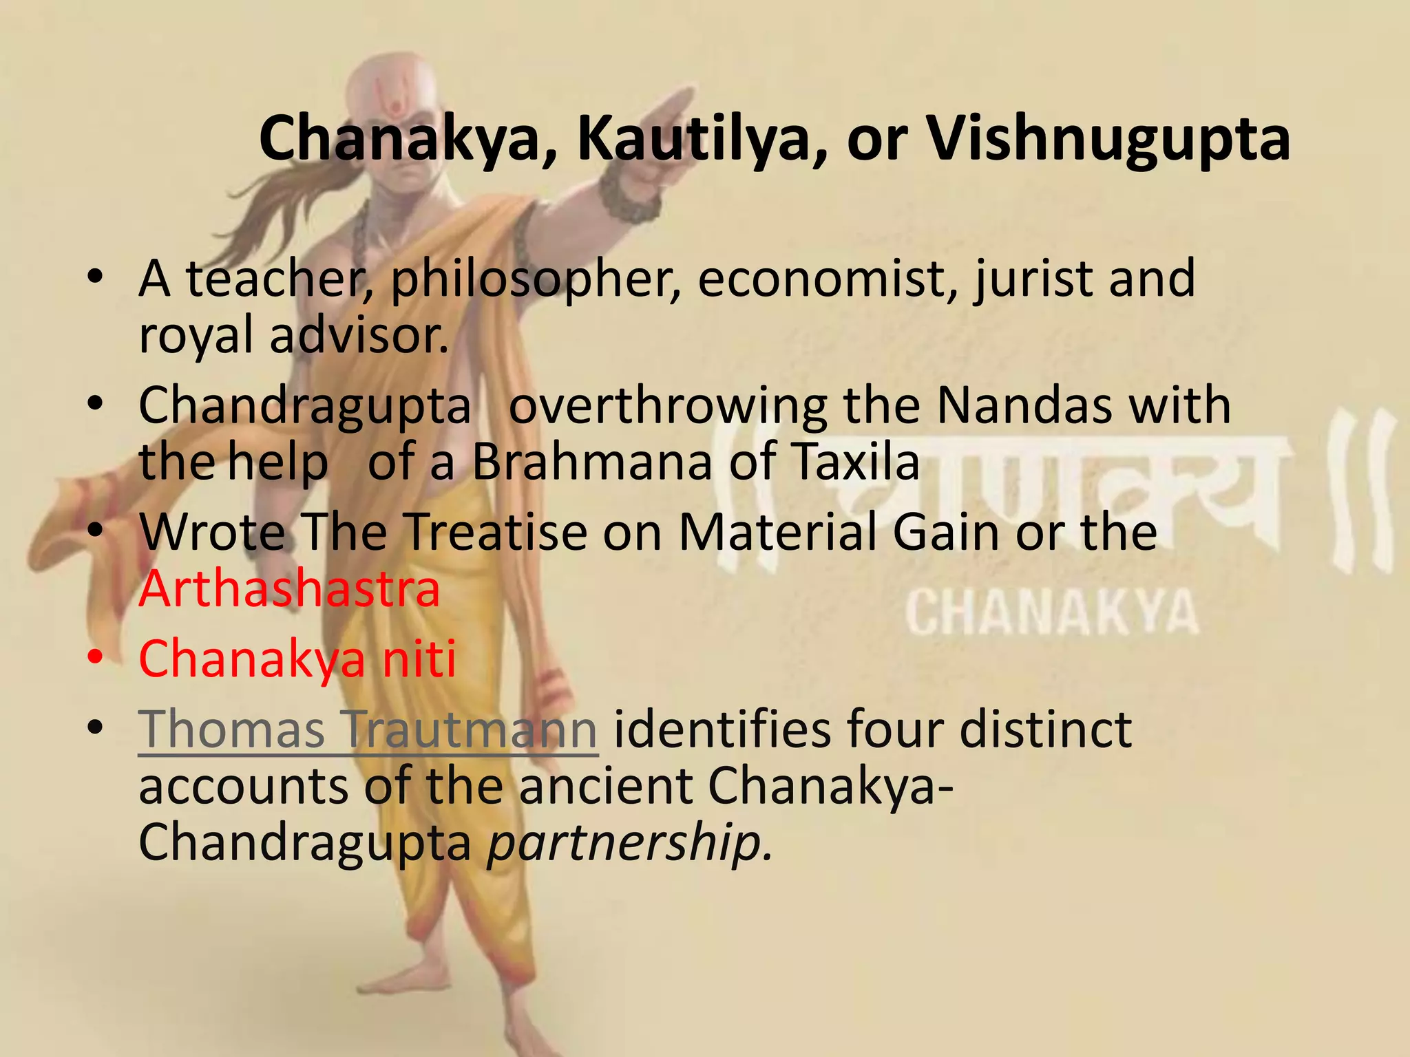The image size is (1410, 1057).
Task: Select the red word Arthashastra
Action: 289,589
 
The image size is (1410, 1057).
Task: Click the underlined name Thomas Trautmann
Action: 368,729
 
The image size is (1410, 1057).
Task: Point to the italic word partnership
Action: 629,844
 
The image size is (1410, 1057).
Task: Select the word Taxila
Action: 856,462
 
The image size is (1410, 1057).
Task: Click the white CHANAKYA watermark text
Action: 1051,612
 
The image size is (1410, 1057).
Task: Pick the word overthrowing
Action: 667,406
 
